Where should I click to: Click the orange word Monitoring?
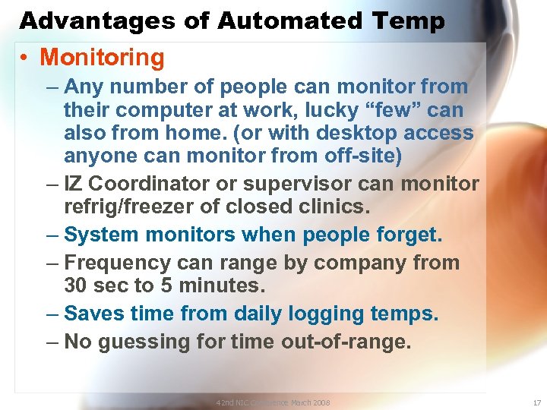tap(102, 57)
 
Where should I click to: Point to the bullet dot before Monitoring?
tap(26, 58)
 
